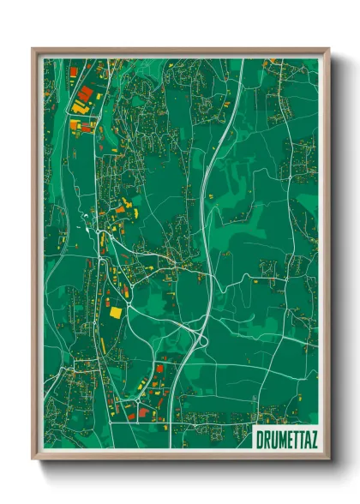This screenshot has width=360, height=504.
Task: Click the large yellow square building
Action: pos(115,312)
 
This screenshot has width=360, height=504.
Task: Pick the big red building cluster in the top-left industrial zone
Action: pos(84,93)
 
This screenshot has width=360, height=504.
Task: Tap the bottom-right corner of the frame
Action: pos(327,459)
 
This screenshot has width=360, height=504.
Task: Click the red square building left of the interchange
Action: pos(159,369)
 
